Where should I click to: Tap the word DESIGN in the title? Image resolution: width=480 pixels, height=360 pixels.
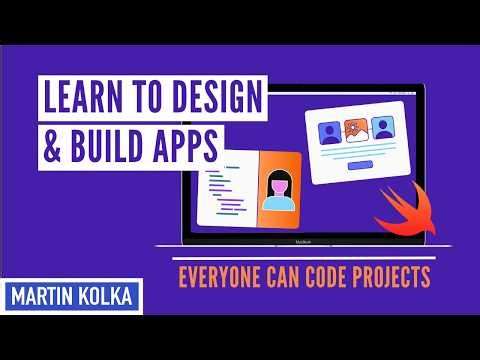pyautogui.click(x=216, y=99)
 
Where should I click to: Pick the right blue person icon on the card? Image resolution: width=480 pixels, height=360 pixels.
pyautogui.click(x=383, y=127)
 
